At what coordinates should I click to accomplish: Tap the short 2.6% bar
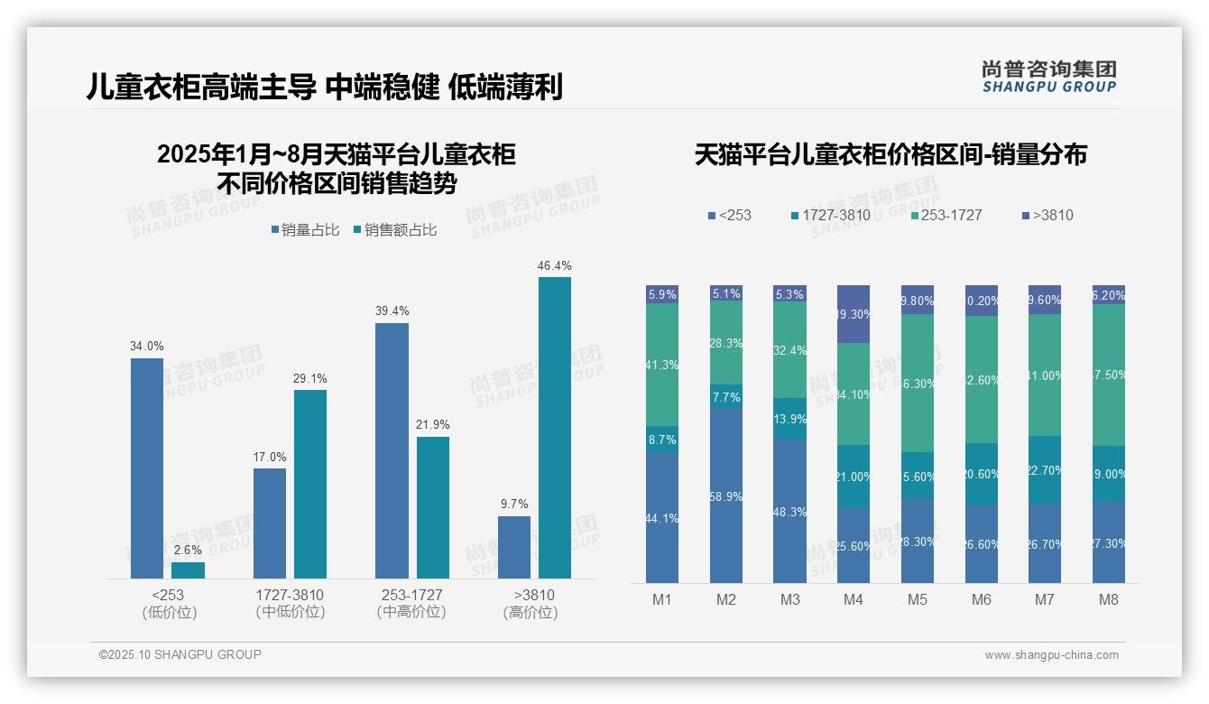click(x=188, y=570)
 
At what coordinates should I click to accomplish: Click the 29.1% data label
click(x=309, y=378)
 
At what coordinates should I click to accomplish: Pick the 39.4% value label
click(x=392, y=310)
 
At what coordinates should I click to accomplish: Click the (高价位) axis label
click(x=531, y=613)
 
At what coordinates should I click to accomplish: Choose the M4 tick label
click(x=854, y=600)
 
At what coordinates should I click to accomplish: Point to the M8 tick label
click(x=1109, y=600)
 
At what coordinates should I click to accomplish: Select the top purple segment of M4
click(x=854, y=313)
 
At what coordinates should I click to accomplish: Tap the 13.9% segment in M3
click(x=789, y=419)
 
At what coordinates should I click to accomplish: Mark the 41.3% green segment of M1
click(x=662, y=365)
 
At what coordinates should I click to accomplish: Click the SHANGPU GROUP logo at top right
click(x=1048, y=76)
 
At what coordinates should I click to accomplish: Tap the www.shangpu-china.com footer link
click(x=1051, y=655)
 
